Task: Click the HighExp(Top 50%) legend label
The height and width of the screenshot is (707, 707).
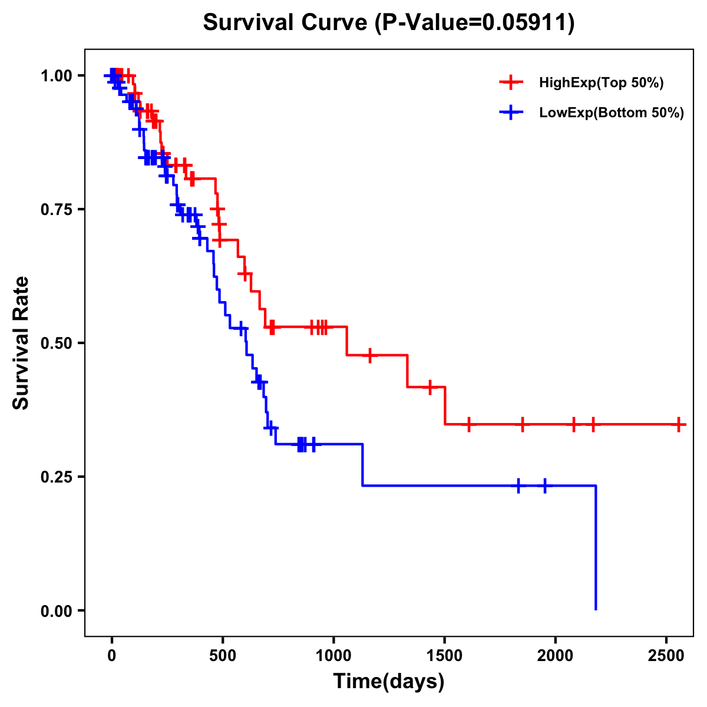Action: [x=601, y=83]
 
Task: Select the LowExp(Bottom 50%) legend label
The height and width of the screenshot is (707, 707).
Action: [x=612, y=113]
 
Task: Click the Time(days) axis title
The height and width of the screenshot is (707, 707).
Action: [x=389, y=682]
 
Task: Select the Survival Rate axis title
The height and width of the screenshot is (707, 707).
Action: [x=22, y=343]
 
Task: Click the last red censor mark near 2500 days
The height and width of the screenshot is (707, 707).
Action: [x=679, y=424]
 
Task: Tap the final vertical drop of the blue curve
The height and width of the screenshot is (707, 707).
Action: [x=596, y=548]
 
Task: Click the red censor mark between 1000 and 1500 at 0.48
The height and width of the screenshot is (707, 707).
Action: [x=369, y=355]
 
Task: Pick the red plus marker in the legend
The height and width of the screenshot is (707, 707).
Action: [x=511, y=83]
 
